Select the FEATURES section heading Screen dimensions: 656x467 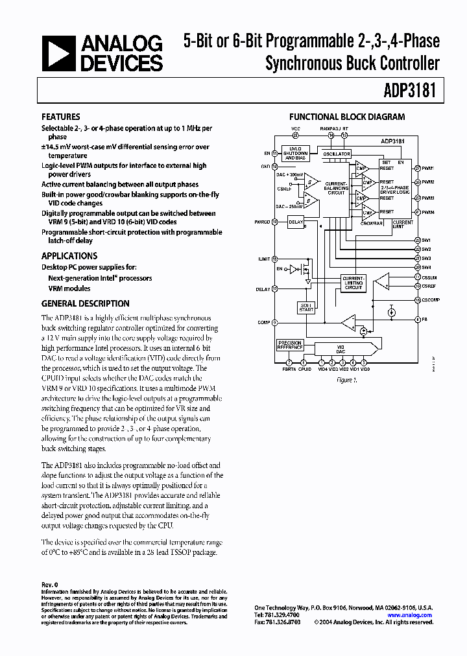coord(60,117)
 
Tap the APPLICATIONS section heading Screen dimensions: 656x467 coord(69,255)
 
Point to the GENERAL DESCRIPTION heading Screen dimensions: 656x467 coord(85,303)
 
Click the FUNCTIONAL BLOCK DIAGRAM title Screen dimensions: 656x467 coord(346,117)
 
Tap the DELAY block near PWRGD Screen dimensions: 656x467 coord(296,222)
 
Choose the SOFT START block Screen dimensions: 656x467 coord(306,307)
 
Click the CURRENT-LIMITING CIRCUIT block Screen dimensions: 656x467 coord(353,283)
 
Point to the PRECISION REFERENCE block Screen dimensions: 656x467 coord(289,345)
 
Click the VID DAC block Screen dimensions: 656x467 coord(340,348)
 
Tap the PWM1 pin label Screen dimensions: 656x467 coord(428,167)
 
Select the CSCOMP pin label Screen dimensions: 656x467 coord(430,300)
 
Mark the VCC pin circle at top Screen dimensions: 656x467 coord(296,135)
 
